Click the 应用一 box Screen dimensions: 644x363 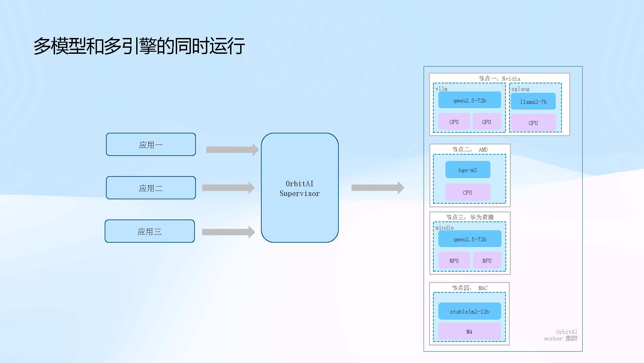[x=151, y=145]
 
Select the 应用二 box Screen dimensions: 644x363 [x=151, y=188]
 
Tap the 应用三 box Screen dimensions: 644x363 [x=150, y=231]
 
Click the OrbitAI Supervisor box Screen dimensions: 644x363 [x=300, y=188]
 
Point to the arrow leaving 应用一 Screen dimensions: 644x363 [x=232, y=150]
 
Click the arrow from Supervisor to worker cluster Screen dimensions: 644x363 [x=378, y=188]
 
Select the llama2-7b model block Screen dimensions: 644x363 [x=533, y=102]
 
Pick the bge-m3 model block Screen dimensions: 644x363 [x=468, y=170]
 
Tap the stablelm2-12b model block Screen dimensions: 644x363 [x=470, y=311]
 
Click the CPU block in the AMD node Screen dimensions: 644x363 [x=468, y=192]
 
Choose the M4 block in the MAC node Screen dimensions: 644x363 [x=470, y=332]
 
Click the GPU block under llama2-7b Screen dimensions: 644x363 [x=533, y=123]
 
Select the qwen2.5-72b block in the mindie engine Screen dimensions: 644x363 [x=470, y=239]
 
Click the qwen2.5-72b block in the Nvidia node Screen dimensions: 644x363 [x=470, y=100]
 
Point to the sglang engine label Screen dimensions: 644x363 [x=521, y=89]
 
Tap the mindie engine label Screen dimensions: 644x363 [x=444, y=228]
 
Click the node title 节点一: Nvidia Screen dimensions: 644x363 [x=499, y=79]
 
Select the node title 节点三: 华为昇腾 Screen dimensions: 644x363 [x=470, y=217]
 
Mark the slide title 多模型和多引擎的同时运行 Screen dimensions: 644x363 [x=139, y=46]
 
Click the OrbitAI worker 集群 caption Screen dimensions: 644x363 [x=561, y=335]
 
